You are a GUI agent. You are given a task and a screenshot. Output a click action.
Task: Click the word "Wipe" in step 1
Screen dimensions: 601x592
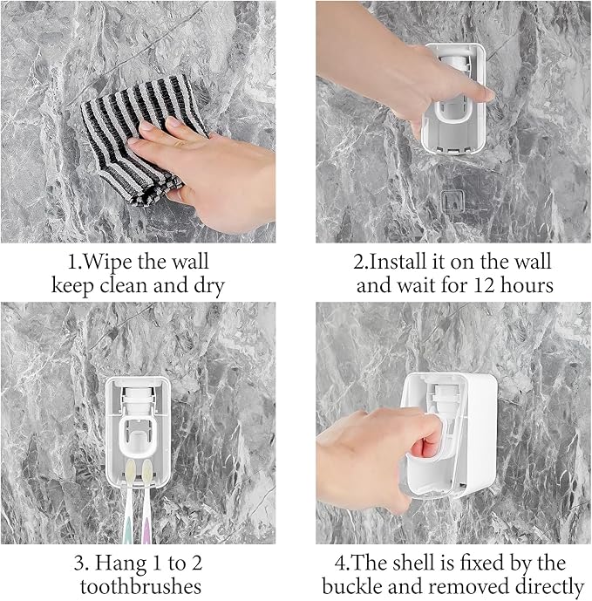pos(111,261)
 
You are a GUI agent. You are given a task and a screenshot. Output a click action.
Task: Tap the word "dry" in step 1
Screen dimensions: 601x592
pos(206,285)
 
